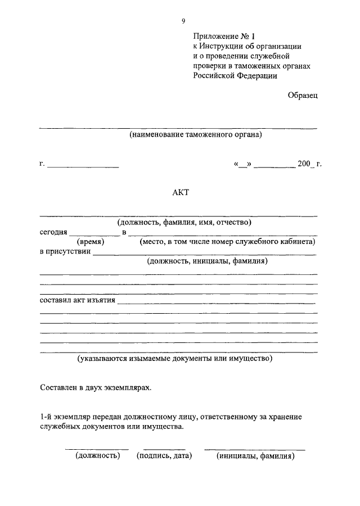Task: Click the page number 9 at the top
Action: coord(183,21)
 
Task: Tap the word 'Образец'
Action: coord(303,96)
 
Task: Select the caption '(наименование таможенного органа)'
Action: coord(195,135)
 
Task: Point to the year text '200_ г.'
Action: coord(309,164)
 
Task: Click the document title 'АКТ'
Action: coord(181,192)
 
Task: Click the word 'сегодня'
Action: coord(53,232)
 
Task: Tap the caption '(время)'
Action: coord(89,242)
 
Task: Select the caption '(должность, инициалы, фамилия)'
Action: coord(206,261)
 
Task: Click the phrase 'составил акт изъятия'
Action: coord(78,300)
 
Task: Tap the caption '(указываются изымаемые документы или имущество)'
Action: coord(175,358)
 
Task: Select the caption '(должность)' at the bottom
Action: coord(98,456)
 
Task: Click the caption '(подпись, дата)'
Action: coord(164,456)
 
